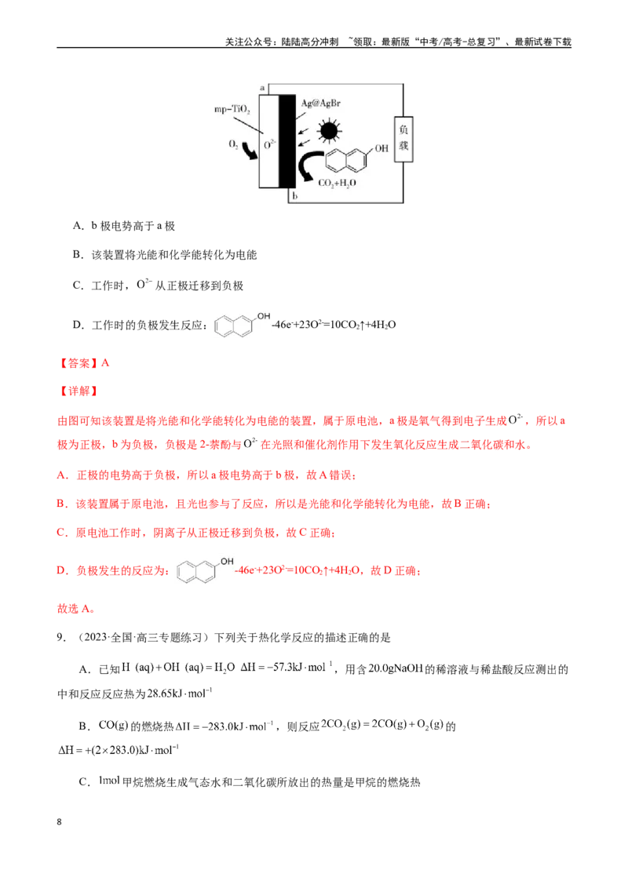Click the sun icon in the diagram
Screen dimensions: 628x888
[329, 131]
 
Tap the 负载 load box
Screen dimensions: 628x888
[403, 139]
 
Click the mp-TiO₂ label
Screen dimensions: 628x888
[232, 109]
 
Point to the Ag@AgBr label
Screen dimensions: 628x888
[321, 104]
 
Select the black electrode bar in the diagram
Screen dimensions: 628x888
[287, 141]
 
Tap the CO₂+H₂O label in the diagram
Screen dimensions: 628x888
[338, 184]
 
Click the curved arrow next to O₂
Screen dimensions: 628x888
[249, 151]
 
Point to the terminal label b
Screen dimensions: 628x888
[294, 196]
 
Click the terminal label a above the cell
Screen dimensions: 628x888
[262, 88]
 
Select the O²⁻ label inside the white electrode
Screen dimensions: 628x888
[270, 144]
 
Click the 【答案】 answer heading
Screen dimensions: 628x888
[78, 363]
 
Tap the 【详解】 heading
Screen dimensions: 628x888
[78, 391]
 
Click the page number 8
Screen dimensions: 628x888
[59, 822]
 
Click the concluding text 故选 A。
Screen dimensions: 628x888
[76, 609]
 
